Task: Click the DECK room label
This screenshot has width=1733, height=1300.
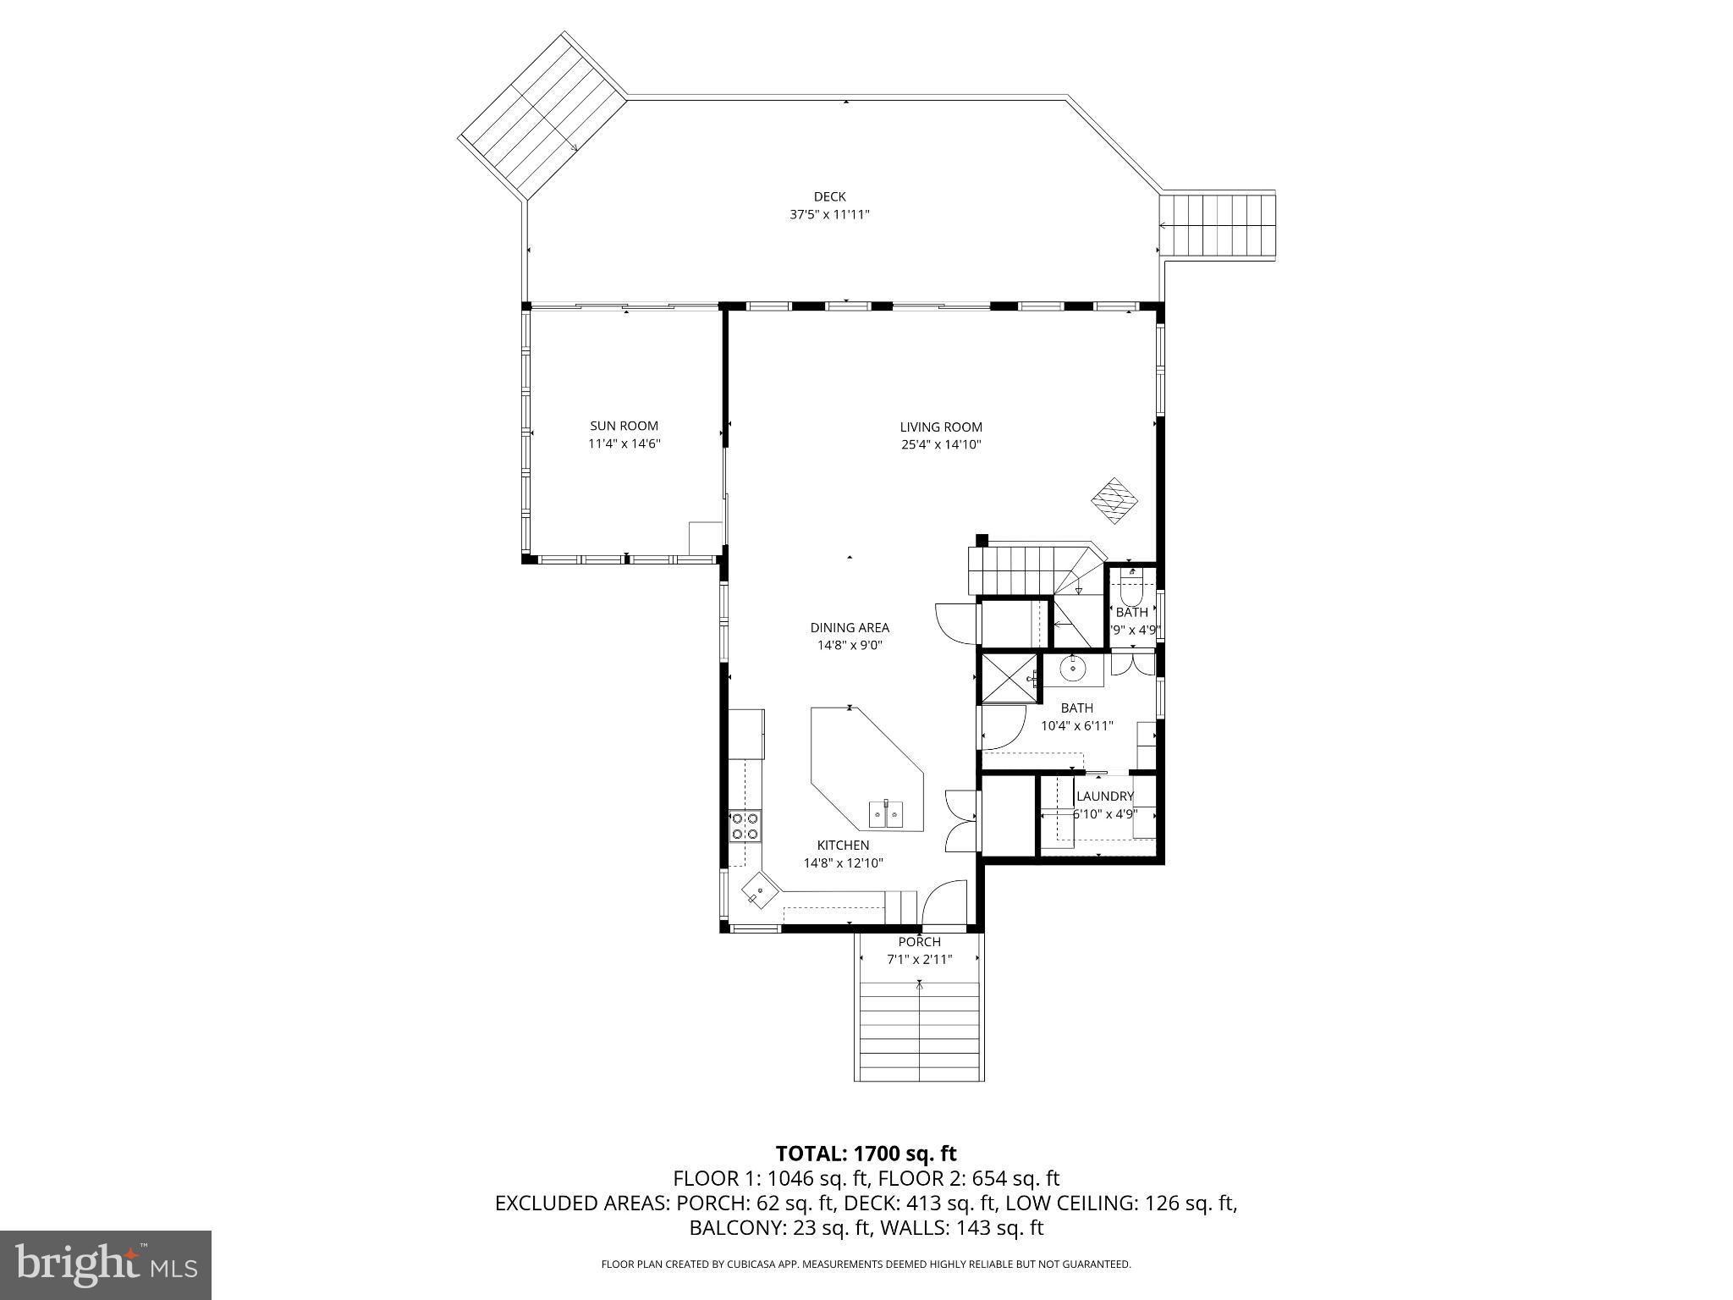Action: [829, 196]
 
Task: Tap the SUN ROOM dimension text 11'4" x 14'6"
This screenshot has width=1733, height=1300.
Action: [624, 443]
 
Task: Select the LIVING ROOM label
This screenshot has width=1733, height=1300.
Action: [941, 427]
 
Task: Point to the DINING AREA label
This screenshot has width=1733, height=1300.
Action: [850, 627]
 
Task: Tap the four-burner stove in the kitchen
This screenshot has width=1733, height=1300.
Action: [745, 826]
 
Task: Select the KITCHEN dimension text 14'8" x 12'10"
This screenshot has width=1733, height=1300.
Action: [843, 863]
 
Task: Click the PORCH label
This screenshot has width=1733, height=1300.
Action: [919, 942]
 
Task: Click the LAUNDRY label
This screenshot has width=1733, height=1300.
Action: [1104, 796]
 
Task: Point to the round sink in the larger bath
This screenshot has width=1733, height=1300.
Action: [1074, 669]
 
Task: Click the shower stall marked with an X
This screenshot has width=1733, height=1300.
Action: [1007, 677]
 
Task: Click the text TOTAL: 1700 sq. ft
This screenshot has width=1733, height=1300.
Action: [866, 1154]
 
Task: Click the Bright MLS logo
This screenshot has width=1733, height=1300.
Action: [106, 1264]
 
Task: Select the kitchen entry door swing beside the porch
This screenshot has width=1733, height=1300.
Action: [944, 903]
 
